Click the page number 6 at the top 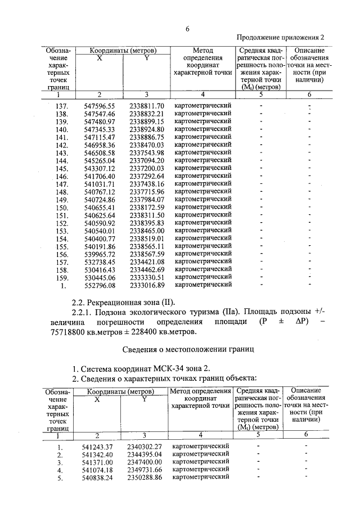188,29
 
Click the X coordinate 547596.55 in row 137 99,106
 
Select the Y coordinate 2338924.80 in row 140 146,129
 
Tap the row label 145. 62,168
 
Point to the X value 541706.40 99,176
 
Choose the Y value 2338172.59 146,208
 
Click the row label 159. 62,277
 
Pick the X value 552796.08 99,285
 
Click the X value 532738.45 99,262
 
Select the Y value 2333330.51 146,277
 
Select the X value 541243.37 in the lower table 98,447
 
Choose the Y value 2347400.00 145,462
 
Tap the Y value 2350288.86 145,477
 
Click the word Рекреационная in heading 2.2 121,302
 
